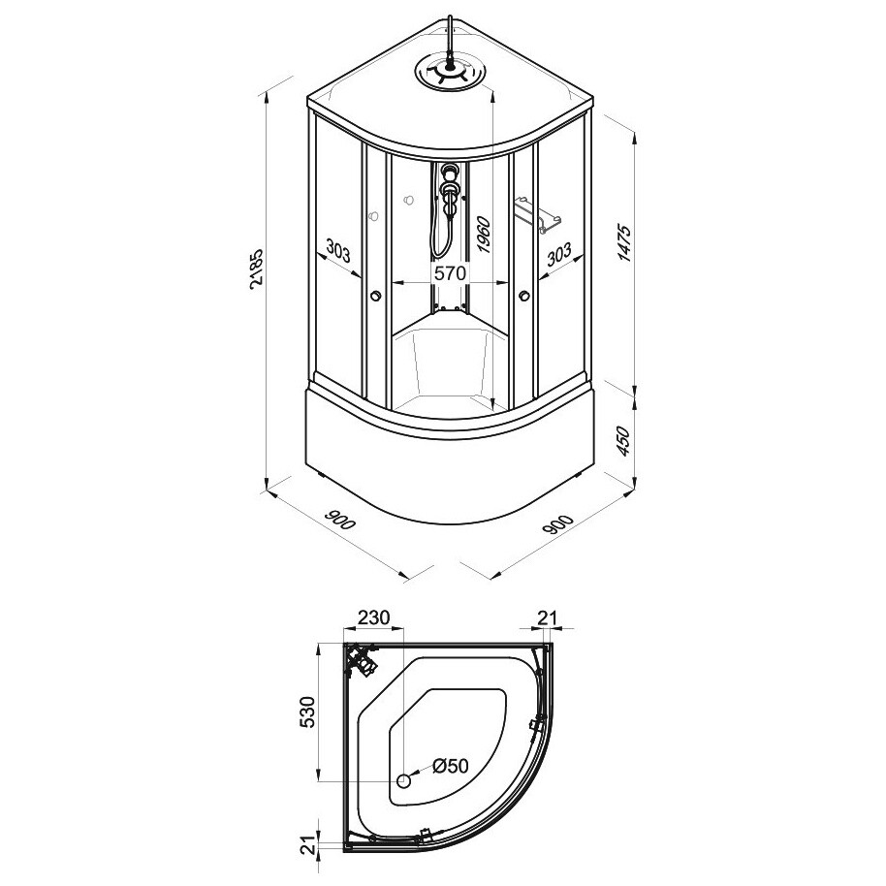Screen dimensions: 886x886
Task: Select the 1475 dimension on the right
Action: [624, 242]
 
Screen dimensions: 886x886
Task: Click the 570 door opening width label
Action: [450, 273]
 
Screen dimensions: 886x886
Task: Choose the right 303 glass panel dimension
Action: [559, 254]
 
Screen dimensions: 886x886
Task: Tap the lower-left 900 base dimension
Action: [340, 520]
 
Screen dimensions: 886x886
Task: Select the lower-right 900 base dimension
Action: [557, 523]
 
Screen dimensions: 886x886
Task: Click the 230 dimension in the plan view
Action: [373, 617]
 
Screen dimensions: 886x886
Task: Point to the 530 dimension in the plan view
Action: [306, 712]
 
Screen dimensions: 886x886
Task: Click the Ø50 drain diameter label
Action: [451, 766]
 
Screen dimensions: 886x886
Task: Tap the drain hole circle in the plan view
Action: [403, 781]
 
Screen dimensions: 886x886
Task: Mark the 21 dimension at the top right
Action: [547, 617]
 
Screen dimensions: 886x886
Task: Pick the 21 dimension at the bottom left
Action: [306, 846]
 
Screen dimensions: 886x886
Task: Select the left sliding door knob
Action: [374, 296]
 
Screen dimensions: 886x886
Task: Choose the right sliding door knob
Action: [524, 295]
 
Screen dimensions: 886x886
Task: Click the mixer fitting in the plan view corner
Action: [360, 659]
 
